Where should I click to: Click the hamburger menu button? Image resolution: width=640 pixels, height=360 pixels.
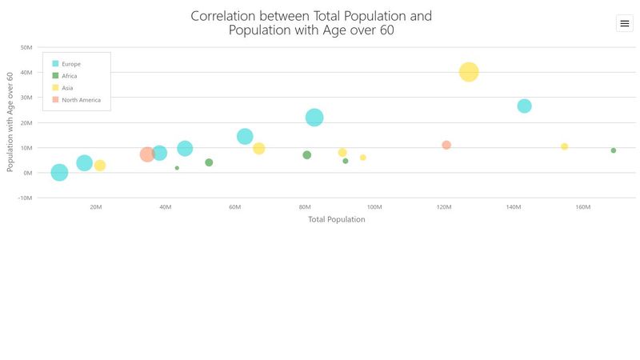click(625, 24)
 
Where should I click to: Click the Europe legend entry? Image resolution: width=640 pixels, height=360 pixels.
click(70, 64)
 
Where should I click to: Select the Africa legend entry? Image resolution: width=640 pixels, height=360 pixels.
click(69, 76)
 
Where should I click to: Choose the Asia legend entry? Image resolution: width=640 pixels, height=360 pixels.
click(67, 88)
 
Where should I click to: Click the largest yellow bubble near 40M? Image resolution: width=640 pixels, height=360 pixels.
click(469, 72)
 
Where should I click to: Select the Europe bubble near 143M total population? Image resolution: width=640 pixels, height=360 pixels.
click(524, 106)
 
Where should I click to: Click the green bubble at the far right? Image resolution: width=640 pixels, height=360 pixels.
click(614, 150)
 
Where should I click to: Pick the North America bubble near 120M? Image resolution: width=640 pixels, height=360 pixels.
click(446, 145)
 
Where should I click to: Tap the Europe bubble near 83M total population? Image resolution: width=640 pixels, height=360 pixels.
click(314, 118)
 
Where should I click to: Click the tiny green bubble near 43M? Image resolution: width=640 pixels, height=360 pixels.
click(177, 168)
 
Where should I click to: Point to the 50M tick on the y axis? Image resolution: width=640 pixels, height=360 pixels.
click(26, 47)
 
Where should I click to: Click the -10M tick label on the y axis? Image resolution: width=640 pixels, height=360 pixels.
click(24, 198)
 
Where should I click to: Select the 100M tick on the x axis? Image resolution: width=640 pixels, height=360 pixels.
click(374, 207)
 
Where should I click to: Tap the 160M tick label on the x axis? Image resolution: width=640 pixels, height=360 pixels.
click(582, 207)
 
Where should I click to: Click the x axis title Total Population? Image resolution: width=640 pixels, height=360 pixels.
click(336, 219)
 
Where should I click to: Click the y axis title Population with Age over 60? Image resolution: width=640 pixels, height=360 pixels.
click(10, 121)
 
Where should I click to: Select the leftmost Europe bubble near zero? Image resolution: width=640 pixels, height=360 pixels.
click(59, 172)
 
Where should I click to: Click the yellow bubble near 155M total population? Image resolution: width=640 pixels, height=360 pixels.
click(564, 146)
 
